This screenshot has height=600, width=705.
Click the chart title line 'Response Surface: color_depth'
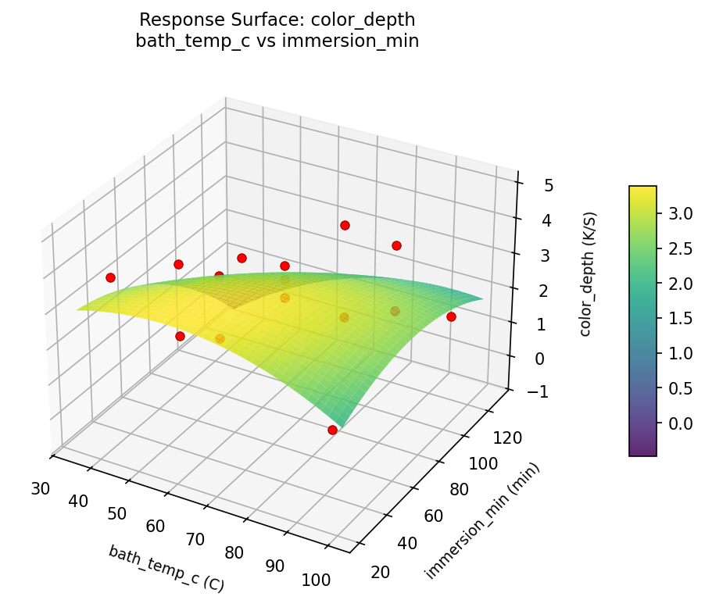pos(277,20)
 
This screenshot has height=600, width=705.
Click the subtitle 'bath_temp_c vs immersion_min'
pos(277,41)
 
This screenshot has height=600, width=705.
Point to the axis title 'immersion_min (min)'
pos(482,520)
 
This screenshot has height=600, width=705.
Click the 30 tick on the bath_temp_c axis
pos(41,489)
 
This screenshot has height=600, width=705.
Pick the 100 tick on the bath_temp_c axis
pos(317,580)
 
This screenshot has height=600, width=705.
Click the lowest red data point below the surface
pos(333,430)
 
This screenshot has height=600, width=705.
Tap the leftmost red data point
pos(110,277)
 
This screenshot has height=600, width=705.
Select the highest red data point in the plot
pos(345,226)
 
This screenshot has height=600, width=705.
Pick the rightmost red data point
pos(451,316)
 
